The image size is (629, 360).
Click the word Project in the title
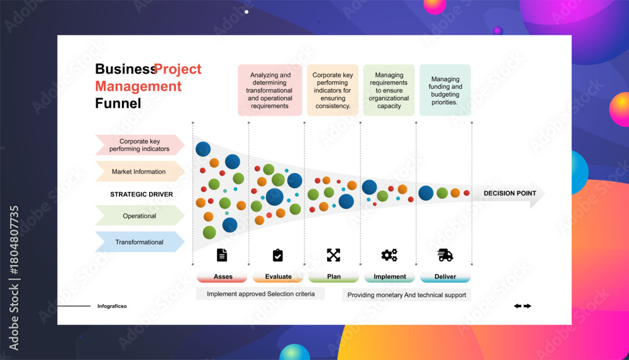pyautogui.click(x=178, y=69)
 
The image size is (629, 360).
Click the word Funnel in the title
pyautogui.click(x=118, y=104)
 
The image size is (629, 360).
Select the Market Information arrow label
pyautogui.click(x=139, y=171)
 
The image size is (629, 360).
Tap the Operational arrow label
pyautogui.click(x=139, y=216)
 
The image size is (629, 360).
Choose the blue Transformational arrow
pyautogui.click(x=139, y=242)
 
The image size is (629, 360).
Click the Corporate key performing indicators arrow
pyautogui.click(x=139, y=145)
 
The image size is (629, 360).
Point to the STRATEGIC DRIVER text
pyautogui.click(x=142, y=194)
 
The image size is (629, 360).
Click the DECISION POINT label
pyautogui.click(x=510, y=193)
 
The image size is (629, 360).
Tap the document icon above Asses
pyautogui.click(x=222, y=255)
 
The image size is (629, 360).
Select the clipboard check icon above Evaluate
pyautogui.click(x=277, y=256)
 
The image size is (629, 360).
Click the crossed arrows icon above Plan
pyautogui.click(x=333, y=255)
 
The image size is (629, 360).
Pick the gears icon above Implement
pyautogui.click(x=389, y=255)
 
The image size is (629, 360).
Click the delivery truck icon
pyautogui.click(x=445, y=256)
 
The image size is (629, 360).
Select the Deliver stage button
pyautogui.click(x=445, y=276)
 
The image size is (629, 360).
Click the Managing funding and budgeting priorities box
pyautogui.click(x=445, y=90)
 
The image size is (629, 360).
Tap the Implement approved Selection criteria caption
pyautogui.click(x=260, y=294)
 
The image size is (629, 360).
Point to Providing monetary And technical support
pyautogui.click(x=407, y=295)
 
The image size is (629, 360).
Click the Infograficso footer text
pyautogui.click(x=112, y=307)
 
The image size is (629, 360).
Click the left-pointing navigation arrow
pyautogui.click(x=518, y=306)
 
